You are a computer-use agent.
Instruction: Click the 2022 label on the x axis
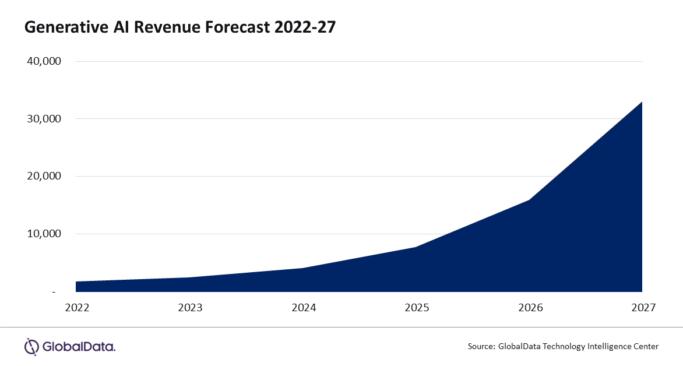point(77,307)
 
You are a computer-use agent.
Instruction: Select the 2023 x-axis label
point(190,307)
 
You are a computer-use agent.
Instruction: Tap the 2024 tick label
point(303,307)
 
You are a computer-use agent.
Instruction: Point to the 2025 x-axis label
point(416,307)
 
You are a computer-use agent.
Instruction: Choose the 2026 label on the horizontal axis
point(529,307)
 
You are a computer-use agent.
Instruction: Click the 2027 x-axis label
point(642,307)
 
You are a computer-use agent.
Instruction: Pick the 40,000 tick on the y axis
point(44,61)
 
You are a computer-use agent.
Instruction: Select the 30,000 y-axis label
point(44,119)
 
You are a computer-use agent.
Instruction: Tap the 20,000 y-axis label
point(44,176)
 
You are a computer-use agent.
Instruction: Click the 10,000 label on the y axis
point(44,234)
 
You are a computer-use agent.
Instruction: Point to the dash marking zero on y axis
point(54,291)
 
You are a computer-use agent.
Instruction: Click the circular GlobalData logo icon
point(31,346)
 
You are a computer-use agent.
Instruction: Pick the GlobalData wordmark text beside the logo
point(79,347)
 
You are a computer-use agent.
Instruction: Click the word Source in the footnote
point(480,346)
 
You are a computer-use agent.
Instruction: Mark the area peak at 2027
point(642,102)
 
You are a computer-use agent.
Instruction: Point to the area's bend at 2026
point(529,200)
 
